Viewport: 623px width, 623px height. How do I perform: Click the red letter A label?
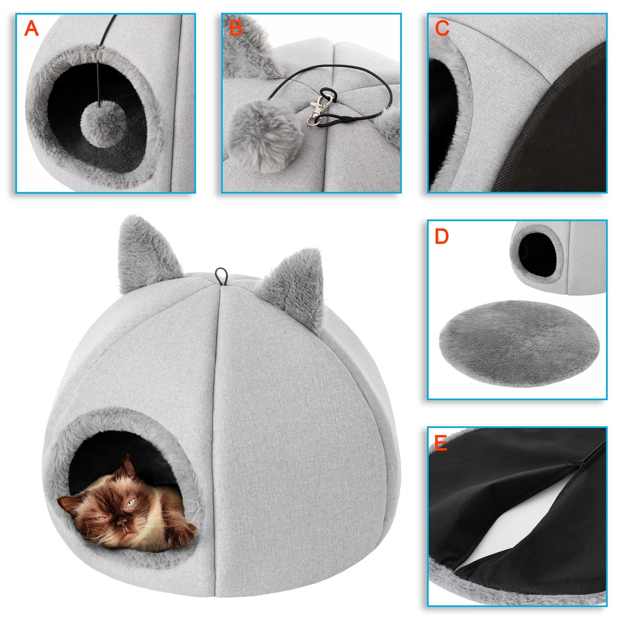pyautogui.click(x=32, y=28)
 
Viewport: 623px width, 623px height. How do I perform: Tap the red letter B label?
pyautogui.click(x=236, y=28)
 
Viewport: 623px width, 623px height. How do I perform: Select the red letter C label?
pyautogui.click(x=442, y=28)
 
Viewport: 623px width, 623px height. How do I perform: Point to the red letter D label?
pyautogui.click(x=442, y=236)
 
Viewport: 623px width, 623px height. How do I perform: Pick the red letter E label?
pyautogui.click(x=440, y=443)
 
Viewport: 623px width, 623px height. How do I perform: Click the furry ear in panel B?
pyautogui.click(x=249, y=51)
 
